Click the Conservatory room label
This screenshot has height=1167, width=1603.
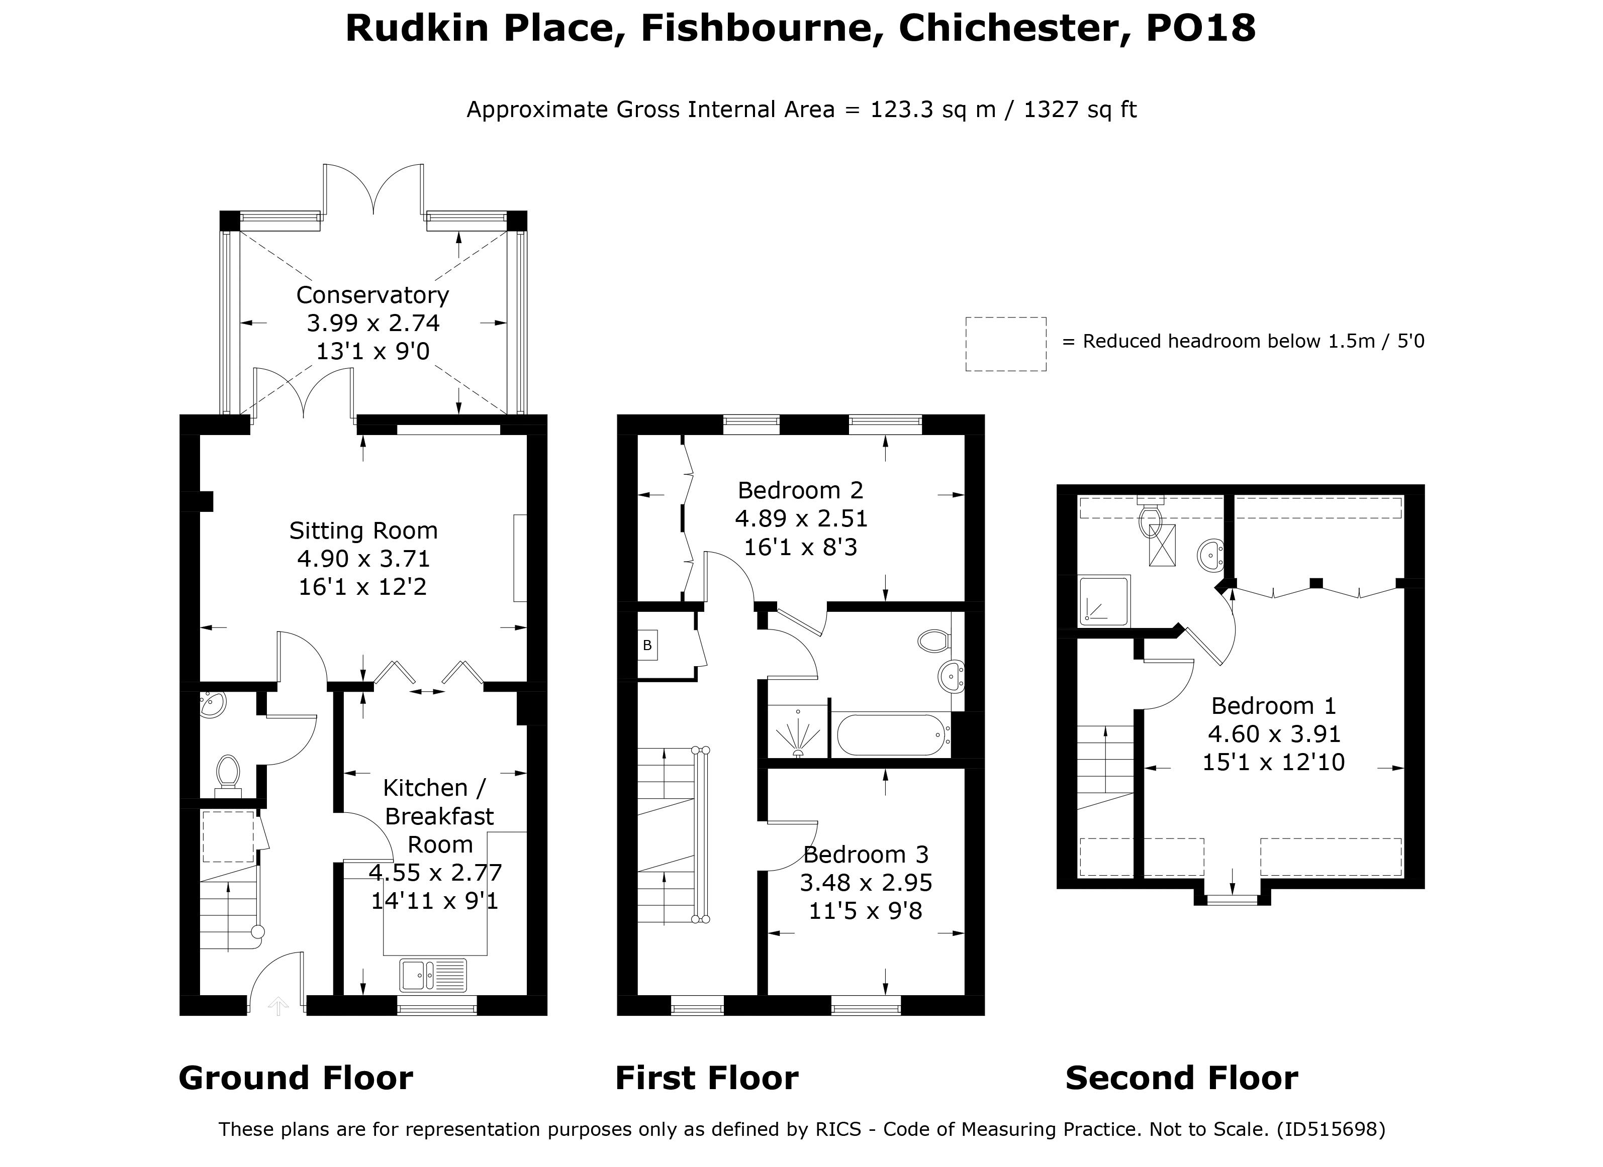tap(372, 294)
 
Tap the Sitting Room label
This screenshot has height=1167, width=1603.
tap(363, 531)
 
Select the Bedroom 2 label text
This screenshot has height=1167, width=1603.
tap(800, 490)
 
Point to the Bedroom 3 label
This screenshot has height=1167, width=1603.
tap(865, 855)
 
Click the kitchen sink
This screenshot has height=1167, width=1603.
tap(433, 976)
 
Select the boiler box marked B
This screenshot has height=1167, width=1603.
tap(647, 645)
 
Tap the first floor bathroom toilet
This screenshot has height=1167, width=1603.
tap(933, 641)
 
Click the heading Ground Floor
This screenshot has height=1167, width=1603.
tap(296, 1078)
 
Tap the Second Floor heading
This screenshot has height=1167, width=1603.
tap(1181, 1078)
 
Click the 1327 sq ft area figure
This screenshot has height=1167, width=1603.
tap(1079, 110)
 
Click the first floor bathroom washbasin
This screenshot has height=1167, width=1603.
tap(952, 677)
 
